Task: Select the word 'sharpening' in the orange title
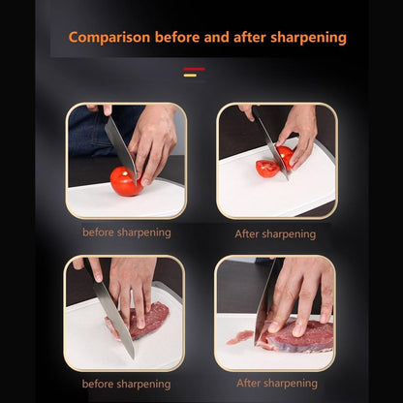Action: click(x=307, y=39)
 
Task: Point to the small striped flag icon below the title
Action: click(x=194, y=72)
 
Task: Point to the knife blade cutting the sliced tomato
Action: click(x=271, y=145)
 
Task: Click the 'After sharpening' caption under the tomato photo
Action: click(x=275, y=233)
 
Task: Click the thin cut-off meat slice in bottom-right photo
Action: click(x=239, y=337)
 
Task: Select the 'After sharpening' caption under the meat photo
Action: click(x=275, y=384)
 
